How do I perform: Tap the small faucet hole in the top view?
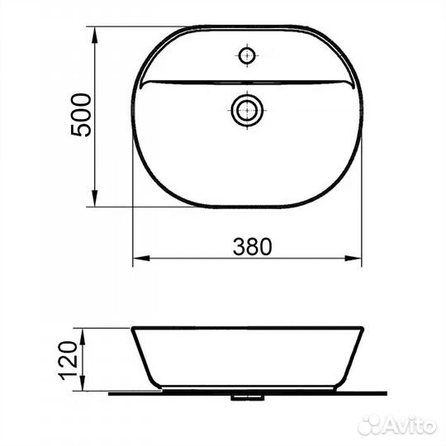247,56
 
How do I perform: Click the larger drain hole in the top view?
247,109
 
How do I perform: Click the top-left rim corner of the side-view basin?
133,329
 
